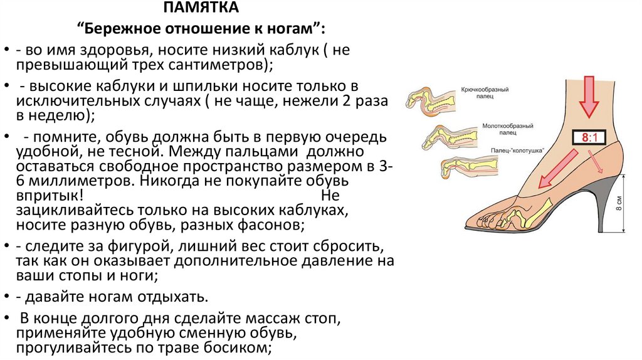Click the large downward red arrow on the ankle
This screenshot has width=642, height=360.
pos(589,95)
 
